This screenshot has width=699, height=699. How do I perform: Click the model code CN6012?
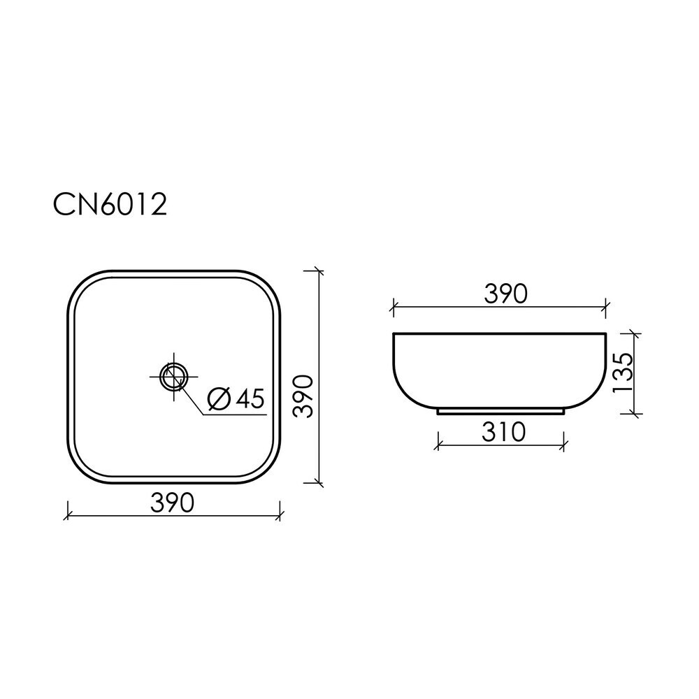point(110,205)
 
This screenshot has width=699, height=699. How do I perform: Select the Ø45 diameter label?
point(237,398)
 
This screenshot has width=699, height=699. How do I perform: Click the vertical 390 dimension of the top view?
point(303,396)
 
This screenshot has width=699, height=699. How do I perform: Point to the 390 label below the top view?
point(172,503)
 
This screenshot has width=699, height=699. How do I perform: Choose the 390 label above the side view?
point(506,294)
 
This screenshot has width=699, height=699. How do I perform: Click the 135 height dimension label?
point(623,373)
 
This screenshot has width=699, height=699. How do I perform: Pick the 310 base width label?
point(504,432)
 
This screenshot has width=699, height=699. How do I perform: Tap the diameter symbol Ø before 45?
point(219,398)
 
